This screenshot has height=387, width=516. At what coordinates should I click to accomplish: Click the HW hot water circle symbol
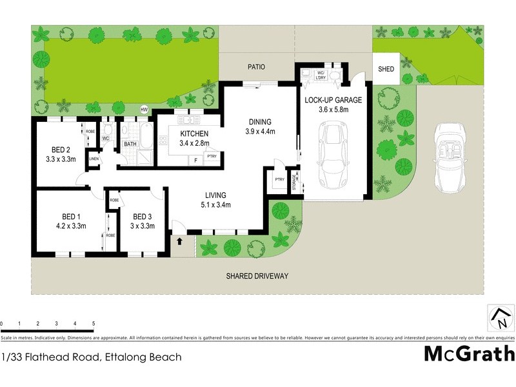click(x=144, y=110)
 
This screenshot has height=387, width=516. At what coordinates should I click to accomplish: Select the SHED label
click(x=386, y=69)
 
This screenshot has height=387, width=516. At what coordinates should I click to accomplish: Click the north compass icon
click(x=500, y=318)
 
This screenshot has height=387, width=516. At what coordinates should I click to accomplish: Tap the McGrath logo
click(x=469, y=353)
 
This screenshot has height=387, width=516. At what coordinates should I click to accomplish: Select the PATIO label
click(x=257, y=66)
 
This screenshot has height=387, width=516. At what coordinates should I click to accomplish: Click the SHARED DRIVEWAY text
click(x=257, y=276)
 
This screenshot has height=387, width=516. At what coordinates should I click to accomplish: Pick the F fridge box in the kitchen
click(x=195, y=160)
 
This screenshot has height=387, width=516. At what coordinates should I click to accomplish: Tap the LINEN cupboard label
click(x=94, y=159)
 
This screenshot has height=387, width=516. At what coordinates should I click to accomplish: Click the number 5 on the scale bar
click(x=94, y=323)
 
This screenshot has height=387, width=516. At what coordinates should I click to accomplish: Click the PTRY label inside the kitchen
click(x=212, y=157)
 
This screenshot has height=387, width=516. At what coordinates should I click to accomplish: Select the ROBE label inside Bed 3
click(x=114, y=201)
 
